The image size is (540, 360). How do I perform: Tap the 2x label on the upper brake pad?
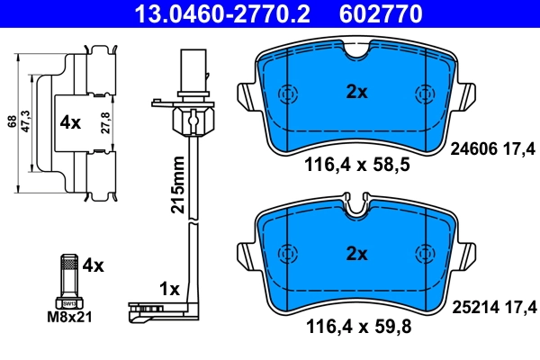357,90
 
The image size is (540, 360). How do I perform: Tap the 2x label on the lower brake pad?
357,255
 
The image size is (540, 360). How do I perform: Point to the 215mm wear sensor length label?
178,184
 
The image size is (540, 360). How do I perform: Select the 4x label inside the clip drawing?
70,121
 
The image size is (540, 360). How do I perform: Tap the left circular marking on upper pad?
289,94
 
